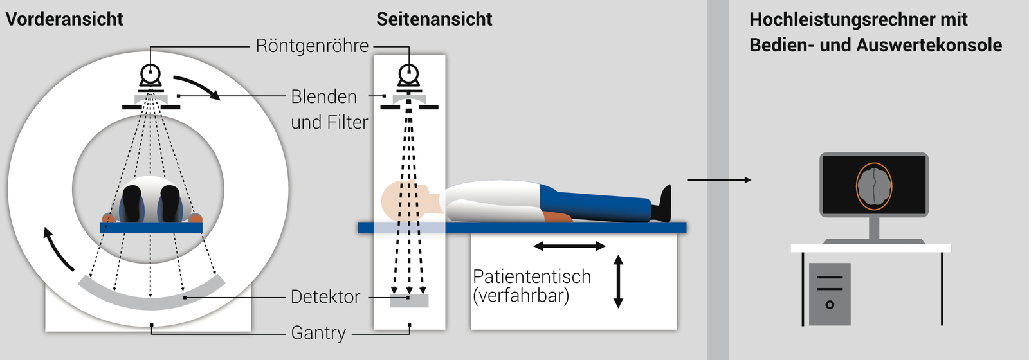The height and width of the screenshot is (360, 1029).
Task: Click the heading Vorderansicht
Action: click(x=64, y=19)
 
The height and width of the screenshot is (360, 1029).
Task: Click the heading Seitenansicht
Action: click(x=434, y=19)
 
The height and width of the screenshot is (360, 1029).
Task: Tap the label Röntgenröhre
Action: click(x=312, y=46)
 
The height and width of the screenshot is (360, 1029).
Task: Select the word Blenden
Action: click(x=323, y=96)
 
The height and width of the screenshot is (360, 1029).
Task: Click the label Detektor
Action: click(x=325, y=297)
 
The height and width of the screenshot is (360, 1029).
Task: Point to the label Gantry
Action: click(x=318, y=333)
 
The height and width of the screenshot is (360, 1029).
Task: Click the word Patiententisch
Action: click(x=532, y=276)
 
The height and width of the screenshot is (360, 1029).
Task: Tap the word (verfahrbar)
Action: click(x=521, y=296)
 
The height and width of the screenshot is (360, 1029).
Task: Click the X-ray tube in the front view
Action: click(x=150, y=76)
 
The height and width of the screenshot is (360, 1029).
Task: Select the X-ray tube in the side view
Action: click(x=409, y=76)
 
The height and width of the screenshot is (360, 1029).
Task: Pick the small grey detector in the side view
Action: click(x=410, y=300)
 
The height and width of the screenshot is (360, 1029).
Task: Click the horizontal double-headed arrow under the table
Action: click(x=569, y=246)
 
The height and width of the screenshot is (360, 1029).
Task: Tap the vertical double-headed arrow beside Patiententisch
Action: click(x=619, y=282)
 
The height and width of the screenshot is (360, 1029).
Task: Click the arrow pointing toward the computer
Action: click(x=718, y=180)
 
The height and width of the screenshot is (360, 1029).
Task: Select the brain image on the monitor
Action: click(x=874, y=186)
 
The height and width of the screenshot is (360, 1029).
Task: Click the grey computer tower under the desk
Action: click(x=830, y=294)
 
